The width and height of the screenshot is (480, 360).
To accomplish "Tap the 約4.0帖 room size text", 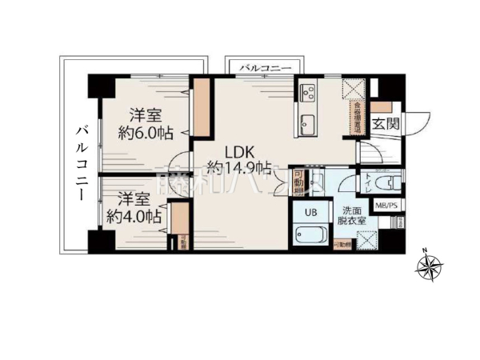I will coord(134,216).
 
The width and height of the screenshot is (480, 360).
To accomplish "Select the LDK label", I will coord(239,150).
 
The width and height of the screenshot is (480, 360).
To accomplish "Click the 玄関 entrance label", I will coord(387,123).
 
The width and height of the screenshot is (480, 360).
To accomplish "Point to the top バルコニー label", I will coord(265,70).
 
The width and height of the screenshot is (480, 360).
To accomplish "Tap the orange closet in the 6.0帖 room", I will coord(202,107).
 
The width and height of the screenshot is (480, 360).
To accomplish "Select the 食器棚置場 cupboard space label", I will coord(357,115).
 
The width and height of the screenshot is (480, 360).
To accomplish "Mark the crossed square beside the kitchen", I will coord(353,88).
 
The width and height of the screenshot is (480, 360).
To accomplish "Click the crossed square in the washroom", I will coord(366,239).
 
